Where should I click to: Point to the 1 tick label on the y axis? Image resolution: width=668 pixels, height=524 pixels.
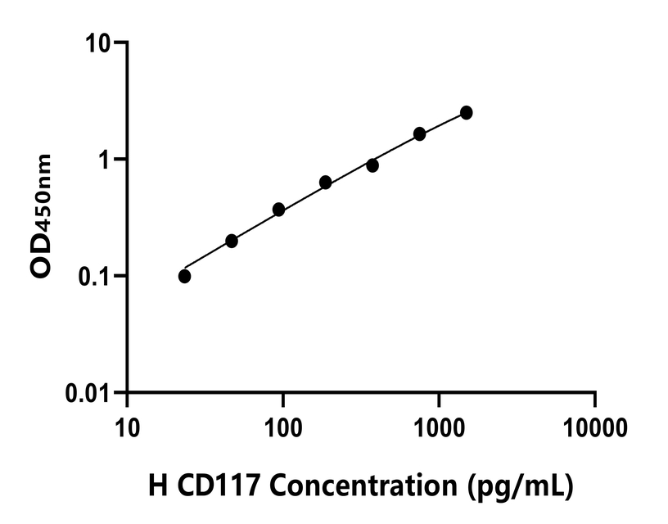pyautogui.click(x=107, y=159)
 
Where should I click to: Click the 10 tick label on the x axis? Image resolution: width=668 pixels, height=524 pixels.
pyautogui.click(x=127, y=427)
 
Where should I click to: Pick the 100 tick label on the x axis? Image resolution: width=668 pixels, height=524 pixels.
pyautogui.click(x=282, y=427)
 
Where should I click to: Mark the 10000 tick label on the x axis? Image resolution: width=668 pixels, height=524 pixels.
pyautogui.click(x=595, y=427)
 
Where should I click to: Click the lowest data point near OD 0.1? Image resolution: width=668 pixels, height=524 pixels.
pyautogui.click(x=184, y=276)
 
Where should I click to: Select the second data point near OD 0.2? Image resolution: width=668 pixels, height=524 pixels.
pyautogui.click(x=232, y=241)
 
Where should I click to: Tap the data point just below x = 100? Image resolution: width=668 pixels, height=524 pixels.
pyautogui.click(x=278, y=210)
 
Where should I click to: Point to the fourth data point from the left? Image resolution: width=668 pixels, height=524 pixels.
pyautogui.click(x=325, y=182)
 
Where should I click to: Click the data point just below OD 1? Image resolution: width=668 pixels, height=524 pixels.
pyautogui.click(x=372, y=165)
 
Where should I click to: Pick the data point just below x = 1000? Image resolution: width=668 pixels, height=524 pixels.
pyautogui.click(x=419, y=133)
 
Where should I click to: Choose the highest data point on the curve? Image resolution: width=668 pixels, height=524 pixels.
pyautogui.click(x=466, y=112)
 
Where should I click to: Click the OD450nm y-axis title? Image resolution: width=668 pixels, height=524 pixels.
pyautogui.click(x=43, y=217)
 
